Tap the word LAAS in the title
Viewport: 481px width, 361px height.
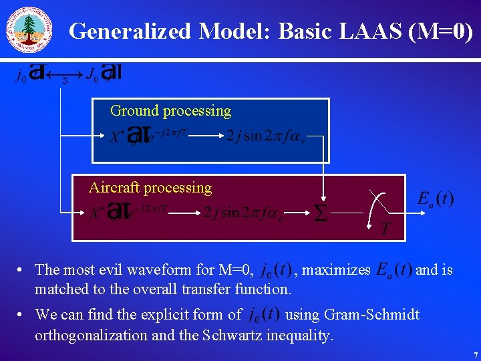[x=367, y=31]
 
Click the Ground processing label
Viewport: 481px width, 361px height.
[x=170, y=111]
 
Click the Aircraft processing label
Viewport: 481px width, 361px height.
[x=150, y=188]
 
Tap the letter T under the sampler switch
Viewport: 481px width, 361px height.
[x=385, y=230]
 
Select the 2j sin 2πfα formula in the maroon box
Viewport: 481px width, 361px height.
[x=244, y=213]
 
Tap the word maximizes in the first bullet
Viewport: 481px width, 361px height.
[x=337, y=270]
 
